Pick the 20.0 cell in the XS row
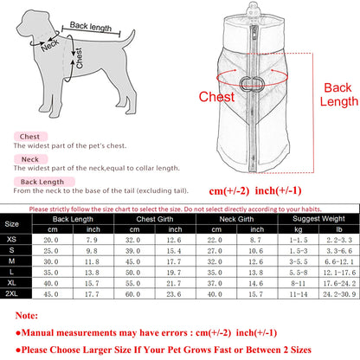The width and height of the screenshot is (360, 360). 52,238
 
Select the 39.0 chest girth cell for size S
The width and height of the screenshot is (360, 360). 132,249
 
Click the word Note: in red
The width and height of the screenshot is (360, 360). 22,317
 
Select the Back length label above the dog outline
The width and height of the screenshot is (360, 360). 90,29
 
